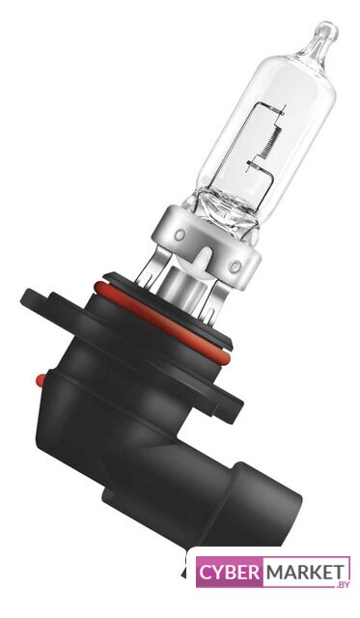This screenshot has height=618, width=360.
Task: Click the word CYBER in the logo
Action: [x=230, y=573]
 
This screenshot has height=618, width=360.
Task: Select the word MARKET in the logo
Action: [x=304, y=573]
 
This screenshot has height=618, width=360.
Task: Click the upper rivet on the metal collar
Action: [x=180, y=235]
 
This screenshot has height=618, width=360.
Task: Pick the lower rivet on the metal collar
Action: [x=235, y=267]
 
